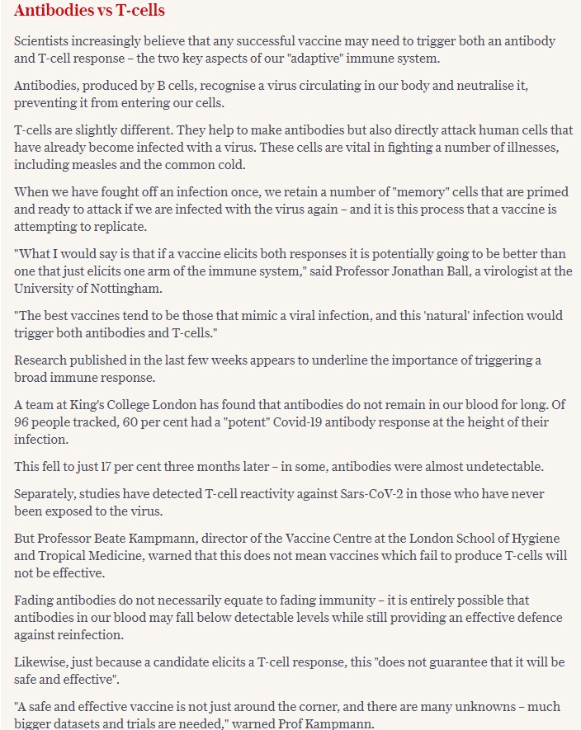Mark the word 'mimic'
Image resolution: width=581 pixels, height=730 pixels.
[273, 316]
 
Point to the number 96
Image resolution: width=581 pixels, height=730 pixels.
[23, 422]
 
